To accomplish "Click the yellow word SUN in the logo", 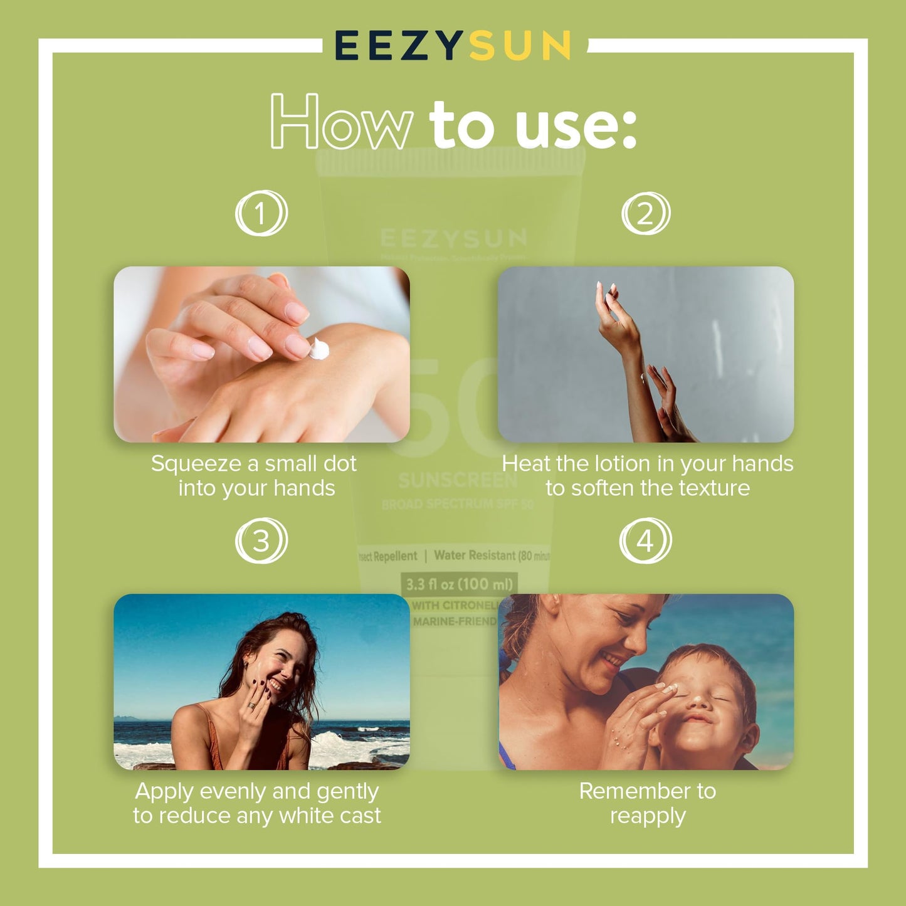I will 520,46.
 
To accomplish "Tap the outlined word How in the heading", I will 342,123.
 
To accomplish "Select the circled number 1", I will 261,214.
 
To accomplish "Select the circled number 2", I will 646,214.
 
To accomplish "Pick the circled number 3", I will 261,541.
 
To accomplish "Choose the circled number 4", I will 645,541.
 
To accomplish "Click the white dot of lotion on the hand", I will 319,349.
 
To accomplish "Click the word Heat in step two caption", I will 525,464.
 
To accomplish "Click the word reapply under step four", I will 648,816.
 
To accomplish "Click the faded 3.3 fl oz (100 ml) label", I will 459,584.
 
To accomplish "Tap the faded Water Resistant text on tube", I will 475,556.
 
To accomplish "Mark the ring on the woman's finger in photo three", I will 250,706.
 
